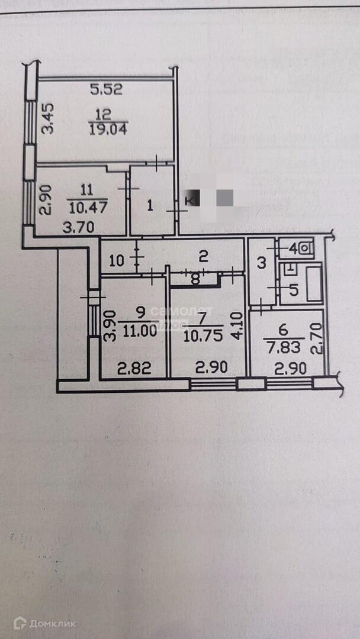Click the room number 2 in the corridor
pos(202,256)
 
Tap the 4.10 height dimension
pos(236,325)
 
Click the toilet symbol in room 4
pos(304,248)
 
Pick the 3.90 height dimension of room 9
pos(109,326)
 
